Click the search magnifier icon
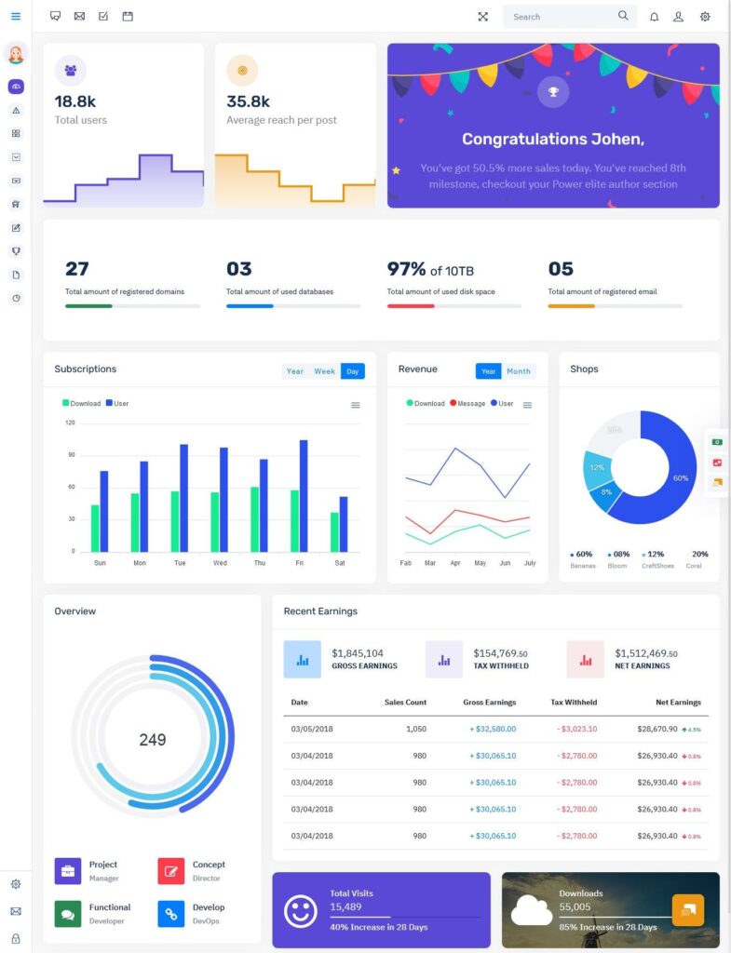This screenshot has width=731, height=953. [x=623, y=16]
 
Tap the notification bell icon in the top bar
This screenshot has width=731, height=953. [x=654, y=17]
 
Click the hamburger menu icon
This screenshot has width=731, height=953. [x=16, y=17]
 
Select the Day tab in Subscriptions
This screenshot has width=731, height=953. [x=352, y=371]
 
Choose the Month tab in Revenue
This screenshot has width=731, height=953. [x=519, y=371]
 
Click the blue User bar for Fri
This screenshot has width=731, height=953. [x=304, y=495]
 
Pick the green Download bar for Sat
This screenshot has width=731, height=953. [x=334, y=531]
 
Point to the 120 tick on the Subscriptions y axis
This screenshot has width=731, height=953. [x=70, y=423]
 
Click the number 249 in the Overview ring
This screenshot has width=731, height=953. [x=153, y=740]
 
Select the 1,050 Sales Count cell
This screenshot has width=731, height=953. [x=416, y=729]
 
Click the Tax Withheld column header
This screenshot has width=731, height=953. [x=574, y=703]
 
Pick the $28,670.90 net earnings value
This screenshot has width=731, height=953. [x=657, y=729]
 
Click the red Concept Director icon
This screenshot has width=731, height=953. [x=171, y=871]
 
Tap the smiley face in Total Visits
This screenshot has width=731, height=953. [x=300, y=911]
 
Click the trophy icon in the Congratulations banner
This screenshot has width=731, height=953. [x=553, y=91]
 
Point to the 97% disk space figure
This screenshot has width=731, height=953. [x=407, y=269]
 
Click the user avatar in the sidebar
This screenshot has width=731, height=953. [x=16, y=55]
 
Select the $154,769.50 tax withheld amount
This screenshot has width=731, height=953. [x=501, y=653]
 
